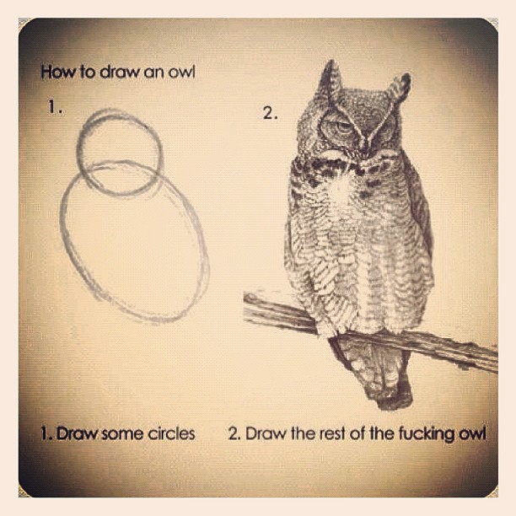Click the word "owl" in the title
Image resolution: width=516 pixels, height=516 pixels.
[181, 73]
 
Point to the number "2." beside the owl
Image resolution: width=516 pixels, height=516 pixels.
[271, 114]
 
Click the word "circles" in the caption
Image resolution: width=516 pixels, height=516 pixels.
[171, 433]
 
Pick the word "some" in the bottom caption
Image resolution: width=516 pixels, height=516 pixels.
[121, 434]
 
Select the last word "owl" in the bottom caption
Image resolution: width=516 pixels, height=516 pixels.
[472, 434]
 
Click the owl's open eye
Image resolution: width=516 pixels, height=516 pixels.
[342, 126]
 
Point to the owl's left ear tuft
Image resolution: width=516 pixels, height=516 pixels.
[331, 79]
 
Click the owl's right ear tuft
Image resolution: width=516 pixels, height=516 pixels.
[400, 89]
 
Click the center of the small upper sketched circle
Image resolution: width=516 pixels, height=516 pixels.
[120, 152]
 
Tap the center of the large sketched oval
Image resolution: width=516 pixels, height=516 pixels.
[134, 241]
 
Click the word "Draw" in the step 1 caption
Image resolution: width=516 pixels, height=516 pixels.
[78, 433]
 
